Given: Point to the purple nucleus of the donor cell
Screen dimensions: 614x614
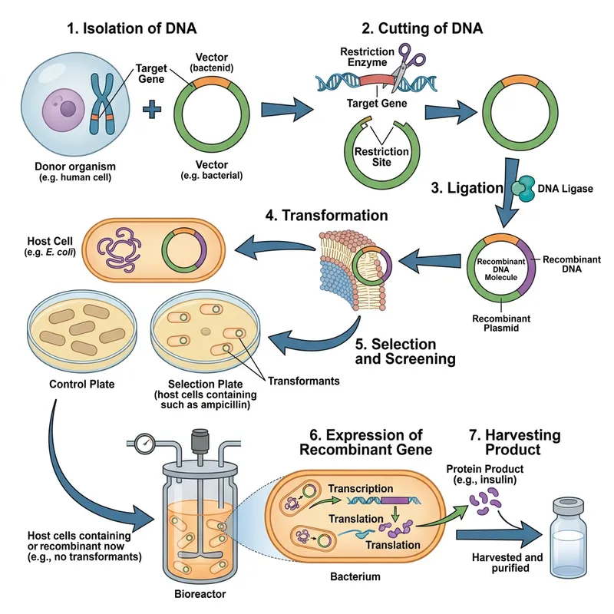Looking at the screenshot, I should [57, 107].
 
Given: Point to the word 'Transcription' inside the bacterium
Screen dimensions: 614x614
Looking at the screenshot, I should [360, 489].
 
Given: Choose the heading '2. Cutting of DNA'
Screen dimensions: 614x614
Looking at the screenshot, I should [423, 29].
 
